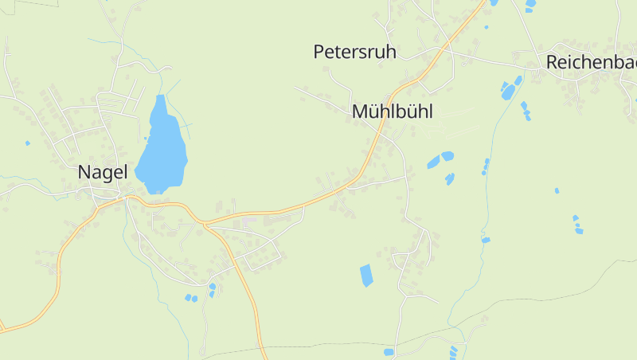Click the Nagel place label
(x=102, y=172)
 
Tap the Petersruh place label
(x=355, y=53)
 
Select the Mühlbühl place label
(x=393, y=112)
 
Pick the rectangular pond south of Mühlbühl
(x=366, y=276)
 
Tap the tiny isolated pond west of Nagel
(x=27, y=143)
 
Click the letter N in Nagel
(x=84, y=172)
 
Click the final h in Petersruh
(x=391, y=53)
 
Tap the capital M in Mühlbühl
(x=360, y=112)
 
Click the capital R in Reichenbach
(x=551, y=62)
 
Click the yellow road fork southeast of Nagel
(x=205, y=225)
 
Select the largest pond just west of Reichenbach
(x=508, y=91)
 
